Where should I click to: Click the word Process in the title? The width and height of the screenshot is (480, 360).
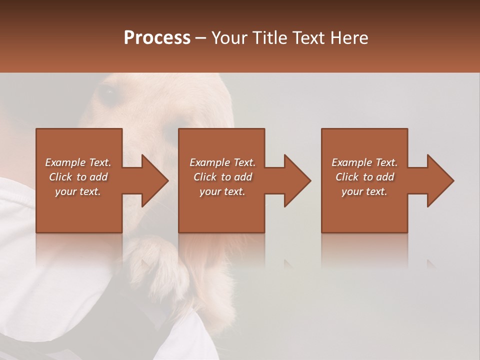157,38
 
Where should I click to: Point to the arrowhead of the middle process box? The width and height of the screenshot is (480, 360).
296,180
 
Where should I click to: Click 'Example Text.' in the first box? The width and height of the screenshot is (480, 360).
78,162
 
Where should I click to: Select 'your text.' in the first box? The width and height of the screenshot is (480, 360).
78,191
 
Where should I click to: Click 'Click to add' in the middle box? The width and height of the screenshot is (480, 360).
222,177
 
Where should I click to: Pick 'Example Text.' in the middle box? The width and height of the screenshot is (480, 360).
222,162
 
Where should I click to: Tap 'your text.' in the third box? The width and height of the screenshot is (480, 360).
364,191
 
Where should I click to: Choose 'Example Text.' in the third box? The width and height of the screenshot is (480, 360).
364,162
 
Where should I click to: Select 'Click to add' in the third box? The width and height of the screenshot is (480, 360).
364,177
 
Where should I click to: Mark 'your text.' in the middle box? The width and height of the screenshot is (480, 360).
222,191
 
